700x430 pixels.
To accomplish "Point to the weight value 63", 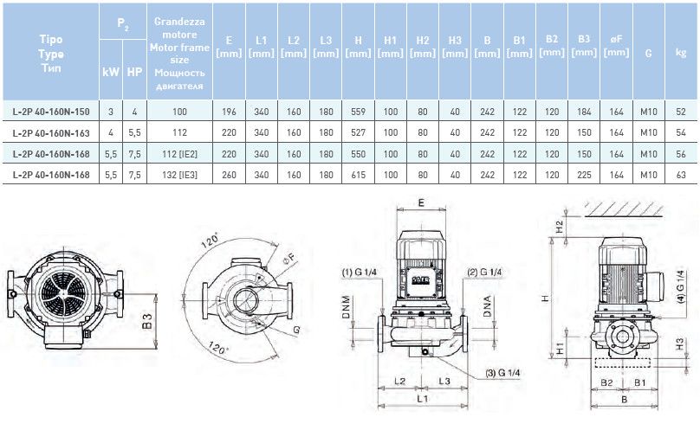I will [x=681, y=174].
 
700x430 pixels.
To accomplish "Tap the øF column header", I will [x=616, y=47].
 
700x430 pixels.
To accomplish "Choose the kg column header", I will [x=681, y=53].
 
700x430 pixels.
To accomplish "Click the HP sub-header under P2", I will [x=134, y=72].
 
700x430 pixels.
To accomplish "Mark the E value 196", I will [x=229, y=112].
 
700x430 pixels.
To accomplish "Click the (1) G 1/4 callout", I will [x=359, y=272].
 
